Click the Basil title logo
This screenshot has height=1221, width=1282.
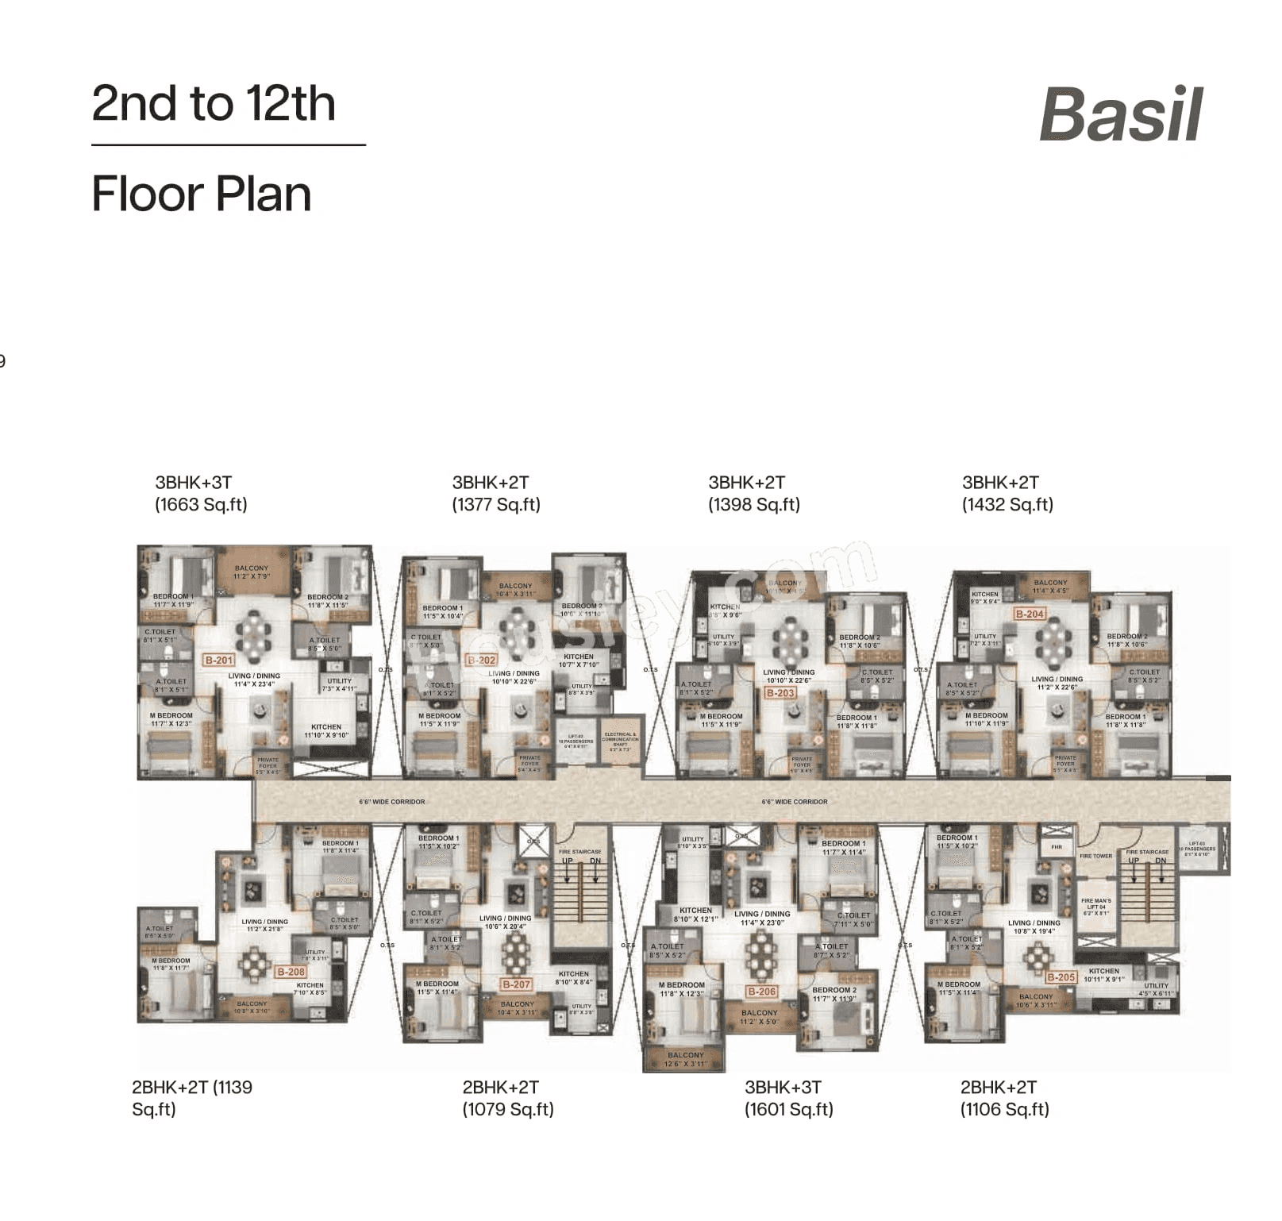(x=1121, y=115)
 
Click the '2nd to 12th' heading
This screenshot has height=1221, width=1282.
(x=214, y=104)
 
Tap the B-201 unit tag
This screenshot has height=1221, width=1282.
(x=219, y=660)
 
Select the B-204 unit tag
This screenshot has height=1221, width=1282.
(x=1030, y=614)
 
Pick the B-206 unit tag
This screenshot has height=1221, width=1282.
(x=761, y=992)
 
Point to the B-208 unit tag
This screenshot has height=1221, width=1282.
(x=291, y=972)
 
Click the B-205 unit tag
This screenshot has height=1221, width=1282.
(x=1061, y=977)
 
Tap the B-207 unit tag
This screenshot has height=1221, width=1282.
(x=516, y=984)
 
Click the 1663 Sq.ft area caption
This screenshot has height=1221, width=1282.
(x=201, y=505)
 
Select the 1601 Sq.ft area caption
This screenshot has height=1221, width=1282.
(x=788, y=1110)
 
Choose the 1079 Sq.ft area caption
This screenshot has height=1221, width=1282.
(x=508, y=1110)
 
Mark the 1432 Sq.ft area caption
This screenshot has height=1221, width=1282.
(x=1007, y=505)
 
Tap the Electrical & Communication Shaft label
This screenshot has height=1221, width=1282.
(x=620, y=741)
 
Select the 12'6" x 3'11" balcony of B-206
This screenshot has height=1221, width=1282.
(x=685, y=1059)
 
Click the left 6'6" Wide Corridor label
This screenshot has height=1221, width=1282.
(x=391, y=802)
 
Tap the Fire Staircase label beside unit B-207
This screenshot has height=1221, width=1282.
(x=579, y=852)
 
